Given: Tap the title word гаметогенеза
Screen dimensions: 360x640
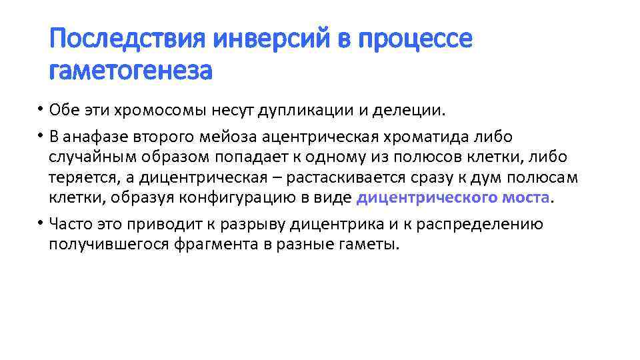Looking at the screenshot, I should tap(131, 69).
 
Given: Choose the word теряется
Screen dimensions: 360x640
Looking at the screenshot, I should tap(80, 178).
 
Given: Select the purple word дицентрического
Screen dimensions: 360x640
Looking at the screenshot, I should tap(423, 198).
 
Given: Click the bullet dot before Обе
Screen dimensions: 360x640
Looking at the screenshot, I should tap(40, 109).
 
